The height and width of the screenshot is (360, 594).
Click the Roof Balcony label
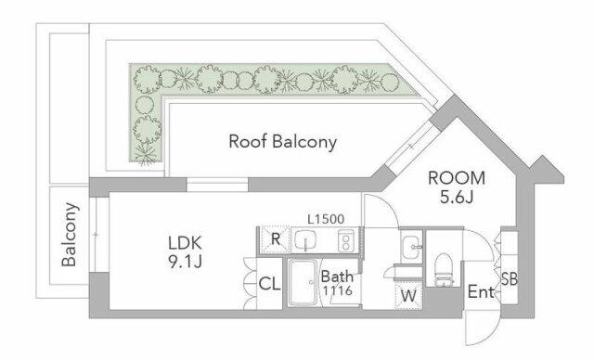pos(282,142)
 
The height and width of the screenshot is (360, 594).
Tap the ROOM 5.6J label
pos(457,187)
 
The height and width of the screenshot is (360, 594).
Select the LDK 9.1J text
pos(186,252)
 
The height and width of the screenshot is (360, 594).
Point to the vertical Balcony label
pos(70,235)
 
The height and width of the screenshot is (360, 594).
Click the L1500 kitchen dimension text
pos(326,219)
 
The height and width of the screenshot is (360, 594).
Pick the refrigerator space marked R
pos(275,239)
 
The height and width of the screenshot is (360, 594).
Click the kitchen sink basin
pos(305,240)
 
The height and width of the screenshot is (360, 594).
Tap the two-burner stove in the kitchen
pos(346,240)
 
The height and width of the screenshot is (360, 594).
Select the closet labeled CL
pos(270,284)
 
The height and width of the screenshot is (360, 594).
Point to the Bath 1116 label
pos(337,283)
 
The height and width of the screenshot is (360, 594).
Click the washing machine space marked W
pos(408,295)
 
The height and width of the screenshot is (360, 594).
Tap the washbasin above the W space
pos(411,247)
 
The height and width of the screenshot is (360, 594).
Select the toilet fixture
pos(444,269)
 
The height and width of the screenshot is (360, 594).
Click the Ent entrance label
pos(481,292)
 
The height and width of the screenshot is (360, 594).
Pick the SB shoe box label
pos(510,279)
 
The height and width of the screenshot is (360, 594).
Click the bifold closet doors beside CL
pos(250,284)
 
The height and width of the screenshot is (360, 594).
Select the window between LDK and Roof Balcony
pos(217,185)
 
